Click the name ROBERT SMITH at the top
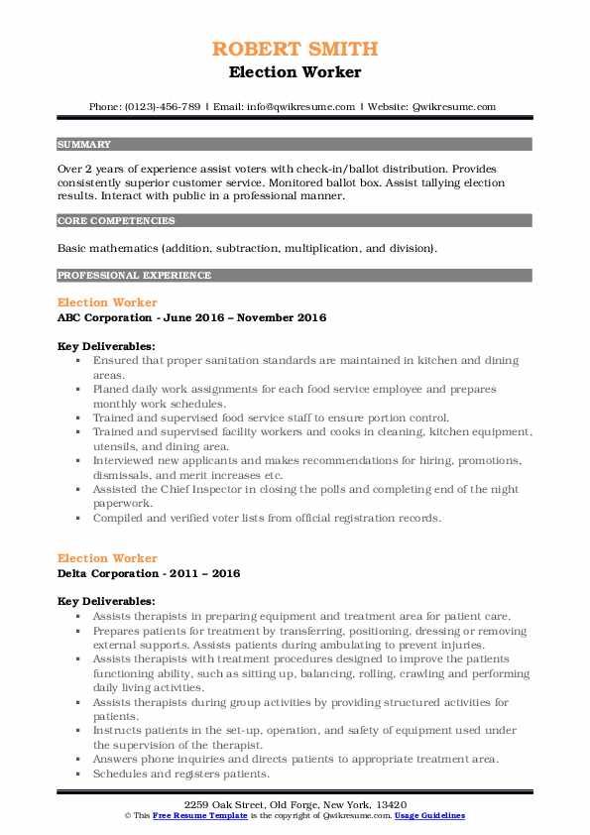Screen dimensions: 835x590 tap(295, 49)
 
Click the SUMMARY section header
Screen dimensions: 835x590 tap(84, 144)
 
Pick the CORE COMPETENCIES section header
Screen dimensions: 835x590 tap(116, 221)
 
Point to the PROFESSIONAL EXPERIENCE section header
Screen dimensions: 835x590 tap(134, 275)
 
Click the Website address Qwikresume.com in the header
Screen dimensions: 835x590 tap(453, 106)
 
